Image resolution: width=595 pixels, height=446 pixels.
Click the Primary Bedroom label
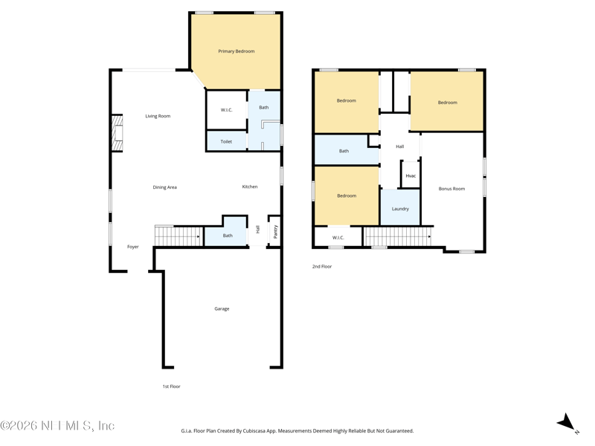[236, 51]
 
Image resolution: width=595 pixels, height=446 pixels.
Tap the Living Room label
[158, 116]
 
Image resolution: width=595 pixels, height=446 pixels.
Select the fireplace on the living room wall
[117, 133]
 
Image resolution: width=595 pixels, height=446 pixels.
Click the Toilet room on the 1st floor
[227, 140]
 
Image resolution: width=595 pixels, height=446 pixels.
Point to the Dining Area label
[164, 187]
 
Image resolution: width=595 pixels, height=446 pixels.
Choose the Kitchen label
[250, 187]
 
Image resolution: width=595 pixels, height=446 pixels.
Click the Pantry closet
[275, 231]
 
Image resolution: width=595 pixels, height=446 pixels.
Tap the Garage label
[222, 308]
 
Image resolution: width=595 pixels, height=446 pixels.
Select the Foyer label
[133, 247]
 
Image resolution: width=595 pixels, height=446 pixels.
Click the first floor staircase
[179, 236]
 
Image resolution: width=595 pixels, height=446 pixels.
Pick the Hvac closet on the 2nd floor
[411, 175]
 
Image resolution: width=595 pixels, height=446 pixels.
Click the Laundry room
[400, 207]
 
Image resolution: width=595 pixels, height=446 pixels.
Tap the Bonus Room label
[451, 189]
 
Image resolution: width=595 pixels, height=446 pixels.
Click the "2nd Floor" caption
[322, 266]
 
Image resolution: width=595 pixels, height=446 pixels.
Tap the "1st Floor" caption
[172, 386]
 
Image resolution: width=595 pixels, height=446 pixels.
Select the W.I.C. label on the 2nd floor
[338, 238]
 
